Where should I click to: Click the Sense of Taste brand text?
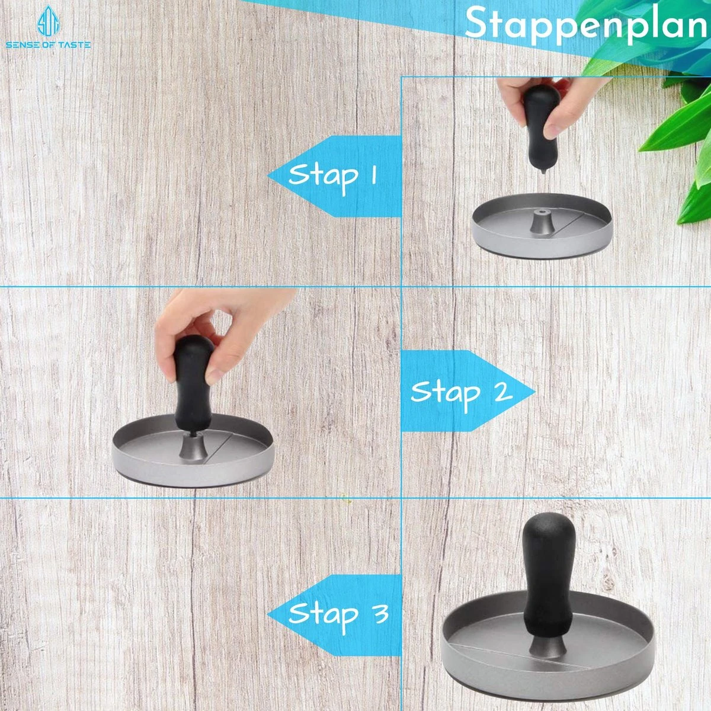48,44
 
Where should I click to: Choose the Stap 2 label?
461,393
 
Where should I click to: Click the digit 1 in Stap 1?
373,175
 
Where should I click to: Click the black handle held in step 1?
539,127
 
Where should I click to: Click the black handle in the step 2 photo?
193,382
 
